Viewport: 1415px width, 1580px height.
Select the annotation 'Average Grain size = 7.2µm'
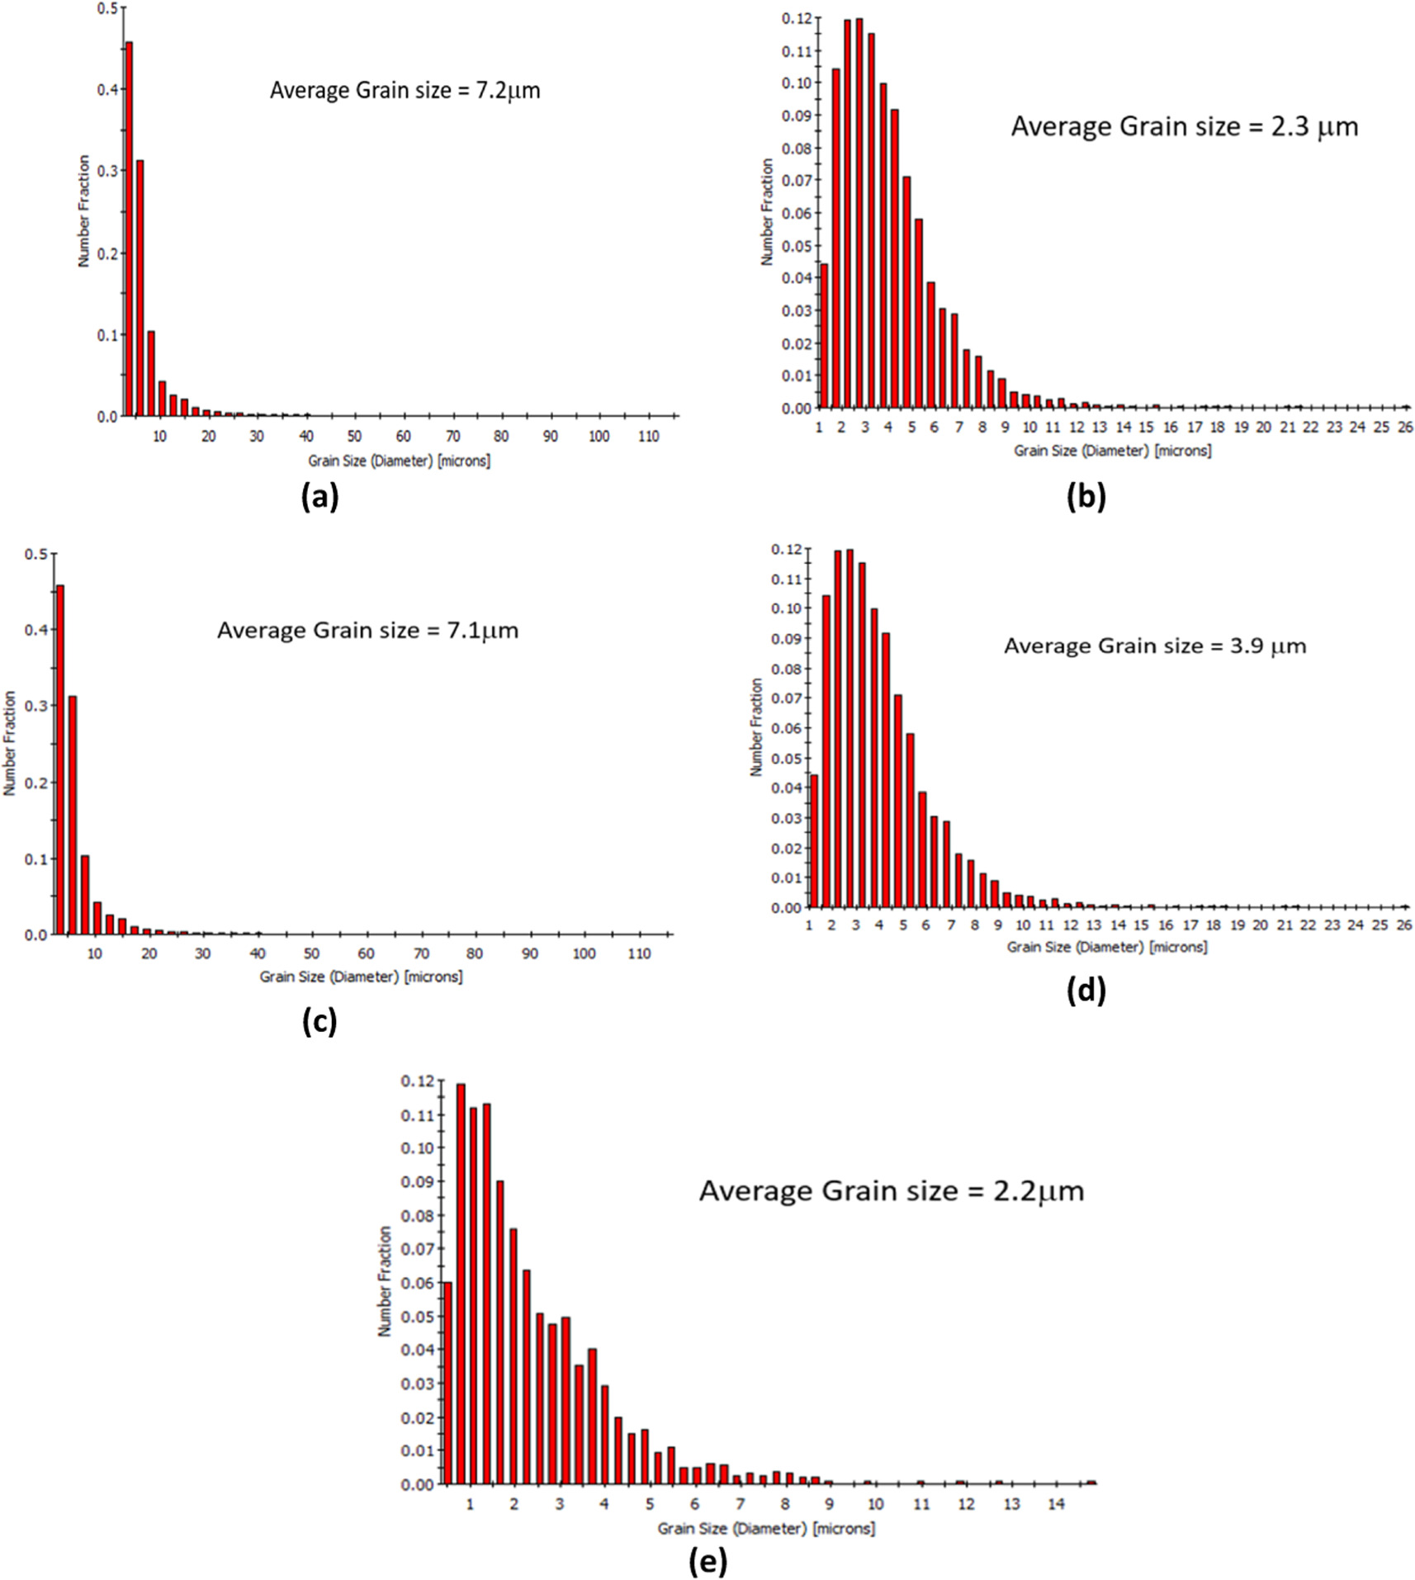[405, 90]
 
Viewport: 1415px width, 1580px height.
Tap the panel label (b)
[1086, 496]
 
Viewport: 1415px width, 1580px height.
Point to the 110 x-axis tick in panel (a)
[648, 436]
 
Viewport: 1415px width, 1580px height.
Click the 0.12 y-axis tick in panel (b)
[797, 17]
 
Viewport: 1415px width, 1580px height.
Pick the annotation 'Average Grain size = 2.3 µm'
[1184, 126]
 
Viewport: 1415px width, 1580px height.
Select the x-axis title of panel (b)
[1112, 451]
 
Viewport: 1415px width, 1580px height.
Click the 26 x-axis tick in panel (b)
[1404, 427]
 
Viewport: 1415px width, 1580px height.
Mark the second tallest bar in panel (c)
[73, 815]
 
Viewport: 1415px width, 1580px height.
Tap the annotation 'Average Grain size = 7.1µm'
[367, 631]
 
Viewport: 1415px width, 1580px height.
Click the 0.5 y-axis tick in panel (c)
[35, 554]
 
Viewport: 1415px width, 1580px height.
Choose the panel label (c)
[319, 1022]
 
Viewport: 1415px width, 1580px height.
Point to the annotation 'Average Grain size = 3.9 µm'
[1154, 646]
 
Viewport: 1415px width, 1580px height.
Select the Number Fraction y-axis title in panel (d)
[755, 726]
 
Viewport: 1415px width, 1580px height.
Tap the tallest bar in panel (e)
[461, 1284]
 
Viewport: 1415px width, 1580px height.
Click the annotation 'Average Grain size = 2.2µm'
[891, 1191]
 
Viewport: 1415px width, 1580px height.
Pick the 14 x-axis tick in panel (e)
[1056, 1504]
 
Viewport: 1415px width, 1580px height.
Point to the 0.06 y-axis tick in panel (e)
[417, 1283]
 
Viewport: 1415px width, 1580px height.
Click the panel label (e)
[707, 1561]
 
